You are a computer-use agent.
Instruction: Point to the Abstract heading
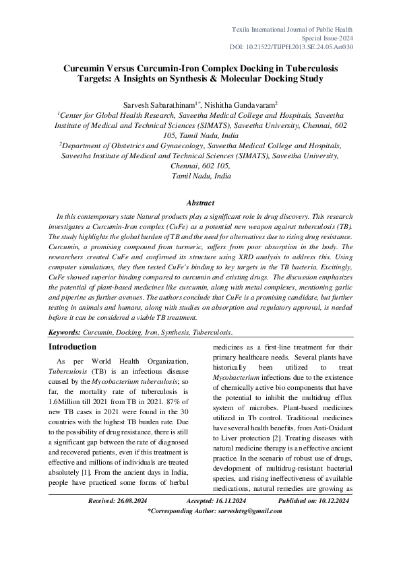click(x=199, y=203)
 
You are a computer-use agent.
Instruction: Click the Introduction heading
click(x=72, y=347)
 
